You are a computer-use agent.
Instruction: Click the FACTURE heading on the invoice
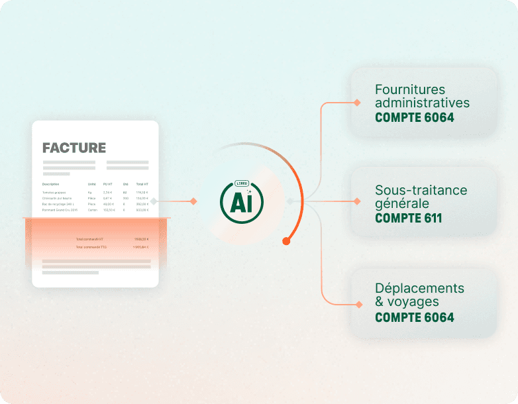point(74,148)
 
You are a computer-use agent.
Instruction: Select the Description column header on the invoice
point(51,184)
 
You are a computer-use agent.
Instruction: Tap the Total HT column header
point(142,184)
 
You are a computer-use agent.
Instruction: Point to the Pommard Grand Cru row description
point(60,210)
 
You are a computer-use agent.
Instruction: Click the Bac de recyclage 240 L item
point(56,204)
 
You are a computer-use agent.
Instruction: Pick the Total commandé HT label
point(89,239)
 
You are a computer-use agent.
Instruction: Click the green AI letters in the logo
point(242,203)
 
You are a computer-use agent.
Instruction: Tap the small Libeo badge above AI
point(242,183)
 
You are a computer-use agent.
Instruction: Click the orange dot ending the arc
point(286,241)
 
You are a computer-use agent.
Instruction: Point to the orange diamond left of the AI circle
point(193,201)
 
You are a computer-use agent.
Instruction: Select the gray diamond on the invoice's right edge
point(154,201)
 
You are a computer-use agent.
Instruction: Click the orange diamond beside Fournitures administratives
point(357,103)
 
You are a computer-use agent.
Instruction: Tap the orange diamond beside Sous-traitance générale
point(357,201)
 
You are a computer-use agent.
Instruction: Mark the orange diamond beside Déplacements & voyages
point(358,304)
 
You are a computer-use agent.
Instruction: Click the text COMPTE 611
point(409,218)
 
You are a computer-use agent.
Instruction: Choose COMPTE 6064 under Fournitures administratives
point(415,118)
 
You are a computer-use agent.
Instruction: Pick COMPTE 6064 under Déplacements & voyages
point(415,317)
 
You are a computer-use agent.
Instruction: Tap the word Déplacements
point(419,289)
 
